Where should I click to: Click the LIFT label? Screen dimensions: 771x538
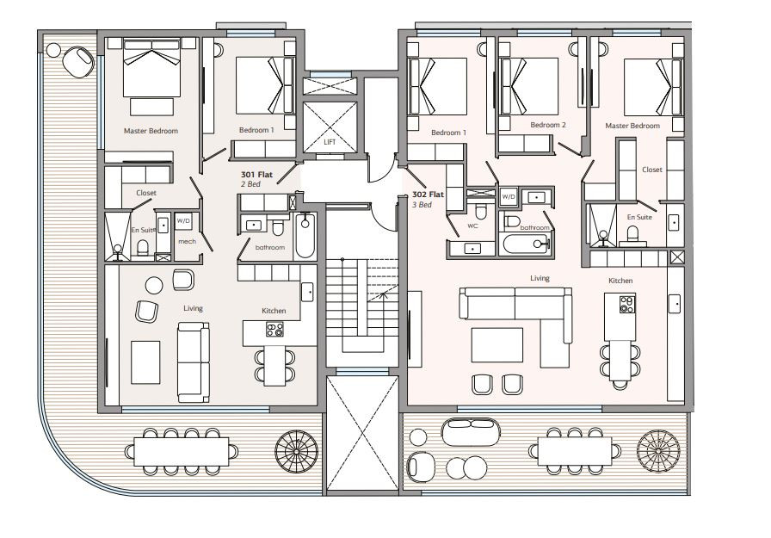tap(330, 142)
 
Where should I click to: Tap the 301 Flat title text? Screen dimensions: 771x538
tap(256, 175)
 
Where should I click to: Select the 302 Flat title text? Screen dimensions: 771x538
tap(428, 195)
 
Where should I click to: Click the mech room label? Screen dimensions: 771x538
tap(187, 242)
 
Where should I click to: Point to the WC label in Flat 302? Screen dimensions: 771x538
tap(472, 226)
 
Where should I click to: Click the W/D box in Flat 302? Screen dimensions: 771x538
tap(509, 197)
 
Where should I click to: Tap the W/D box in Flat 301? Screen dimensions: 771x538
tap(183, 221)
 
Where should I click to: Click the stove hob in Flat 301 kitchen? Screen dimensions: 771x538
tap(274, 329)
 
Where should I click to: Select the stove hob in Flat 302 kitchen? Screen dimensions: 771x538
tap(627, 305)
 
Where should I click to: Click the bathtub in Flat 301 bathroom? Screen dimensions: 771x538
tap(305, 236)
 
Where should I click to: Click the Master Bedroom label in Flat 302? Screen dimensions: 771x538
tap(632, 126)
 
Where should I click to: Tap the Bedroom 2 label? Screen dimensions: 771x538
tap(548, 125)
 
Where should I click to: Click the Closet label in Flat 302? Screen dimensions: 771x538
tap(652, 170)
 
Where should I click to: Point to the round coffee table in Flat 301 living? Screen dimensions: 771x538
tap(154, 285)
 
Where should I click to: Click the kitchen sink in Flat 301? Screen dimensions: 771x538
tap(308, 292)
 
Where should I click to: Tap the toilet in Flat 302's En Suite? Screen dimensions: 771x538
tap(632, 235)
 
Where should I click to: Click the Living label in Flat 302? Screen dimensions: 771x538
tap(540, 278)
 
